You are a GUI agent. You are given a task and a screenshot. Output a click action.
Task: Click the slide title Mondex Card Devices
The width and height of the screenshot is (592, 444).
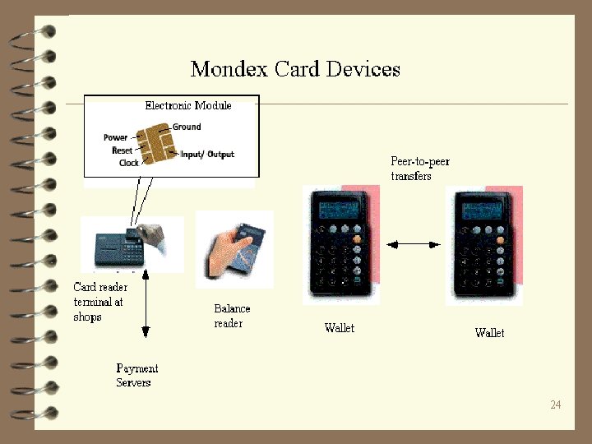coord(295,68)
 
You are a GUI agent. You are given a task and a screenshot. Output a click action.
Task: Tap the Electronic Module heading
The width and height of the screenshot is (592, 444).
coord(188,105)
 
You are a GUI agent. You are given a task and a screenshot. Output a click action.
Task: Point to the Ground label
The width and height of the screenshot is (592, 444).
coord(187,127)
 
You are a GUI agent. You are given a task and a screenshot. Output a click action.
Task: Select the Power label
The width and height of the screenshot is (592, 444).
coord(116,137)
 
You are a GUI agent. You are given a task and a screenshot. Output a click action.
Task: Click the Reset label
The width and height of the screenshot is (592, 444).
coord(122,150)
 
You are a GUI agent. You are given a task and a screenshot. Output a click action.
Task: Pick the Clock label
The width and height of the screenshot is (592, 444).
coord(128,163)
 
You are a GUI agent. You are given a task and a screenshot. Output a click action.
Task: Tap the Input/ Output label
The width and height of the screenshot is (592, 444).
coord(208,154)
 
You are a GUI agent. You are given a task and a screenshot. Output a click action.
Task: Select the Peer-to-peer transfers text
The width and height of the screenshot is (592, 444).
coord(419,169)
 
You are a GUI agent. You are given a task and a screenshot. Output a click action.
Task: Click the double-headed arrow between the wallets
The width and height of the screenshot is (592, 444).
coord(415,244)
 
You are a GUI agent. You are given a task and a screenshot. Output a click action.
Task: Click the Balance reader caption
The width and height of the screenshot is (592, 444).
coord(232,316)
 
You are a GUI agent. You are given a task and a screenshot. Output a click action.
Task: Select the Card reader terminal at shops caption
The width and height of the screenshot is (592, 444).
coord(99,302)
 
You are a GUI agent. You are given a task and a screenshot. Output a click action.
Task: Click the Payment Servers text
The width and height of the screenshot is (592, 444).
coord(136,376)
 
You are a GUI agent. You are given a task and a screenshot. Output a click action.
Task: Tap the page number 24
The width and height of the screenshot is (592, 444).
coord(556,405)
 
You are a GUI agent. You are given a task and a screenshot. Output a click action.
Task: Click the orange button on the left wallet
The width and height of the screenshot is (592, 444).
coord(358,239)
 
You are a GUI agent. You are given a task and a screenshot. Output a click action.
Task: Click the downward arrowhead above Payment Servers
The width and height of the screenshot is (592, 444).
coord(146,332)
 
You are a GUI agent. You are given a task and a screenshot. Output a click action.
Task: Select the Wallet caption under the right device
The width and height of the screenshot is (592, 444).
coord(489,333)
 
